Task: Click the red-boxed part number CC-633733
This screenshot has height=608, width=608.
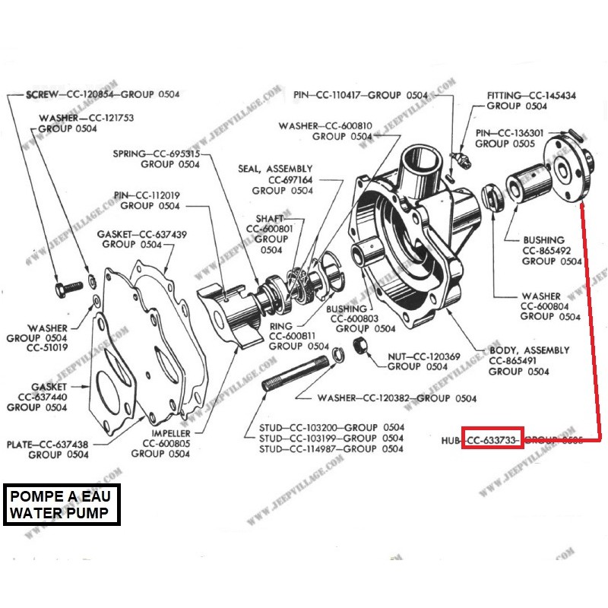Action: [492, 440]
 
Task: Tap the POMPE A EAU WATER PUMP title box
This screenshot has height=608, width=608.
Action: [64, 504]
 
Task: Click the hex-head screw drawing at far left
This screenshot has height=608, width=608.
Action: [66, 289]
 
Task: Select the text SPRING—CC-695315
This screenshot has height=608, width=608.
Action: [156, 153]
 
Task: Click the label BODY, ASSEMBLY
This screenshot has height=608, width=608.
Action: [529, 350]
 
